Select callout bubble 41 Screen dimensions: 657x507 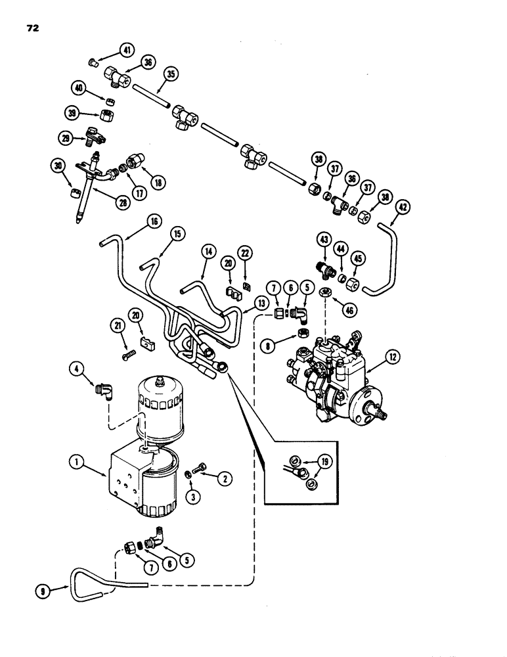125,49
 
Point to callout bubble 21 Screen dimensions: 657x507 118,326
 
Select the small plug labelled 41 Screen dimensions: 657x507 93,62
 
